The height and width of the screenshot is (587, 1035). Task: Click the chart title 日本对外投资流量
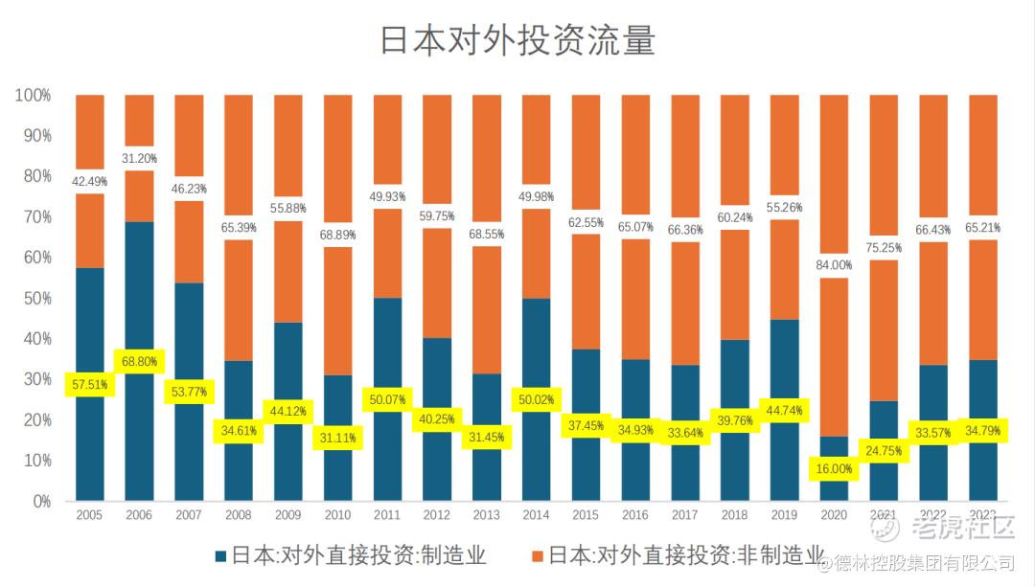point(517,42)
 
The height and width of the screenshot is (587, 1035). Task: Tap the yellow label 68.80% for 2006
point(140,362)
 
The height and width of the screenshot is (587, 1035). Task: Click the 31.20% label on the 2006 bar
point(140,158)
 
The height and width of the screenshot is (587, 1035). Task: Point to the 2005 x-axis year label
point(90,515)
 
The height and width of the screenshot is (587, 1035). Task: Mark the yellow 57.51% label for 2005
point(90,385)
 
